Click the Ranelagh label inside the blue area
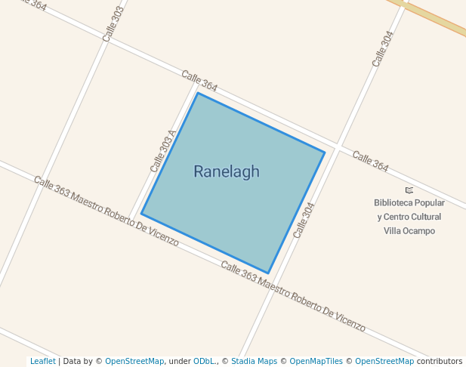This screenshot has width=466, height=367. pyautogui.click(x=226, y=171)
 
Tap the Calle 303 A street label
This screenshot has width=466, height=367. pyautogui.click(x=162, y=151)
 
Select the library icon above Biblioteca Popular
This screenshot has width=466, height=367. pyautogui.click(x=409, y=190)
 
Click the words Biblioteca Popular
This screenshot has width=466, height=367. pyautogui.click(x=409, y=203)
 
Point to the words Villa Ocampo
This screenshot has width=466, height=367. pyautogui.click(x=409, y=231)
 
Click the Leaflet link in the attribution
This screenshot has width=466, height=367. pyautogui.click(x=42, y=362)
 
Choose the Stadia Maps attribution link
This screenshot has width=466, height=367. pyautogui.click(x=254, y=362)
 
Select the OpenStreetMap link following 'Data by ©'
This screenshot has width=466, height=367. pyautogui.click(x=134, y=362)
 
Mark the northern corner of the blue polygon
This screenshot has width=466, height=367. pyautogui.click(x=198, y=93)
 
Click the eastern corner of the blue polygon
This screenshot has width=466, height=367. pyautogui.click(x=325, y=153)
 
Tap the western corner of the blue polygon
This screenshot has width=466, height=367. pyautogui.click(x=141, y=214)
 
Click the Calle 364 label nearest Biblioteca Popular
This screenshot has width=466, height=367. pyautogui.click(x=370, y=161)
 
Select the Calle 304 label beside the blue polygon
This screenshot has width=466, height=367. pyautogui.click(x=304, y=220)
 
